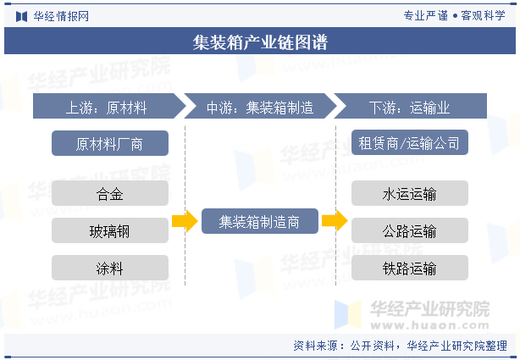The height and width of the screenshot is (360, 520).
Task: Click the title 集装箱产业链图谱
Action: pyautogui.click(x=260, y=42)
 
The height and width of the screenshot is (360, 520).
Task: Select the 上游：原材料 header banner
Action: pyautogui.click(x=107, y=108)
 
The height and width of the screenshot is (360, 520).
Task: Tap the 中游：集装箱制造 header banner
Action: pyautogui.click(x=259, y=108)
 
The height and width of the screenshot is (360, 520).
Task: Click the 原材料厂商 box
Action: pyautogui.click(x=109, y=144)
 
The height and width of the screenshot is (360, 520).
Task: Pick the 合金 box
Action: pyautogui.click(x=109, y=194)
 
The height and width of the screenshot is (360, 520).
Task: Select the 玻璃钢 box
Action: pyautogui.click(x=109, y=231)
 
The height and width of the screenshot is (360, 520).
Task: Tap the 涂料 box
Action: pyautogui.click(x=109, y=269)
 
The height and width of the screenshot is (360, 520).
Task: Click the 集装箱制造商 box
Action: pyautogui.click(x=260, y=222)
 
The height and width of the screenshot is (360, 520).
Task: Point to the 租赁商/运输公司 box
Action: pyautogui.click(x=409, y=143)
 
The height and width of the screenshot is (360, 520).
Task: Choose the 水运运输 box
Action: pyautogui.click(x=409, y=194)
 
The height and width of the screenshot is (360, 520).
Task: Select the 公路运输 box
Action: pyautogui.click(x=409, y=231)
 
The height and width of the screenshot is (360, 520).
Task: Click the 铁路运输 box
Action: pyautogui.click(x=409, y=269)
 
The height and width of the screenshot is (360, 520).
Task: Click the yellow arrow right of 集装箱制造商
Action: pyautogui.click(x=335, y=222)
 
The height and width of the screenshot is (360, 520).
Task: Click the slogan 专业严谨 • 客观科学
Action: pyautogui.click(x=454, y=15)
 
